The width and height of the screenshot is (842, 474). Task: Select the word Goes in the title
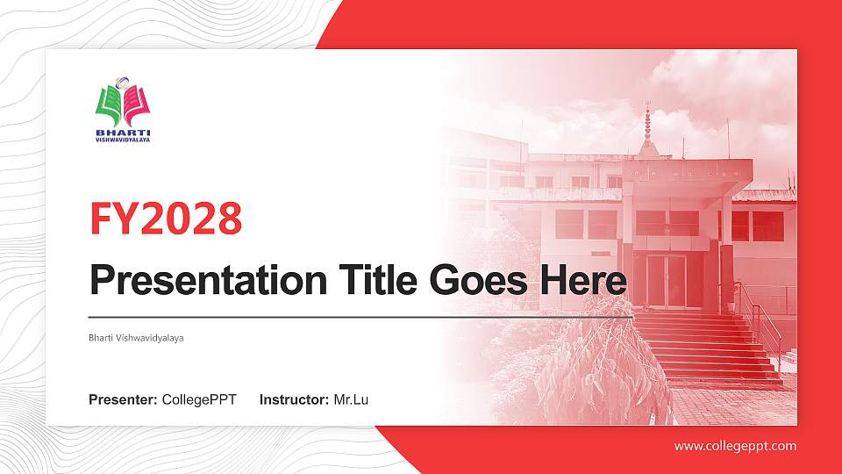(480, 281)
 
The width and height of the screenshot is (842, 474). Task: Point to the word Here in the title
(584, 281)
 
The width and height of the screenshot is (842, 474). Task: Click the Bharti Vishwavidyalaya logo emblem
(123, 104)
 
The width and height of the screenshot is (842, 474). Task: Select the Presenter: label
(123, 400)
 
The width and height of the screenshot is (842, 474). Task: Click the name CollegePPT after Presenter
(199, 400)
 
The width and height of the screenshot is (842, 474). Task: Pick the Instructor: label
(295, 400)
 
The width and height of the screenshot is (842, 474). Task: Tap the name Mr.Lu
(351, 400)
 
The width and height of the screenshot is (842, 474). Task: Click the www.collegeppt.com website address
(735, 446)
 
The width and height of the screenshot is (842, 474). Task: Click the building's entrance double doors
(667, 281)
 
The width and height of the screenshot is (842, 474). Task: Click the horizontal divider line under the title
(360, 316)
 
